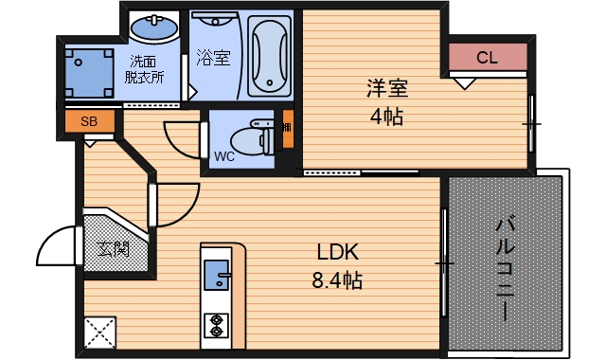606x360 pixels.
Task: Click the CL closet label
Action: click(487, 58)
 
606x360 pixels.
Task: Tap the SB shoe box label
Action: click(88, 121)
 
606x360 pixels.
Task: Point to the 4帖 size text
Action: click(387, 117)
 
